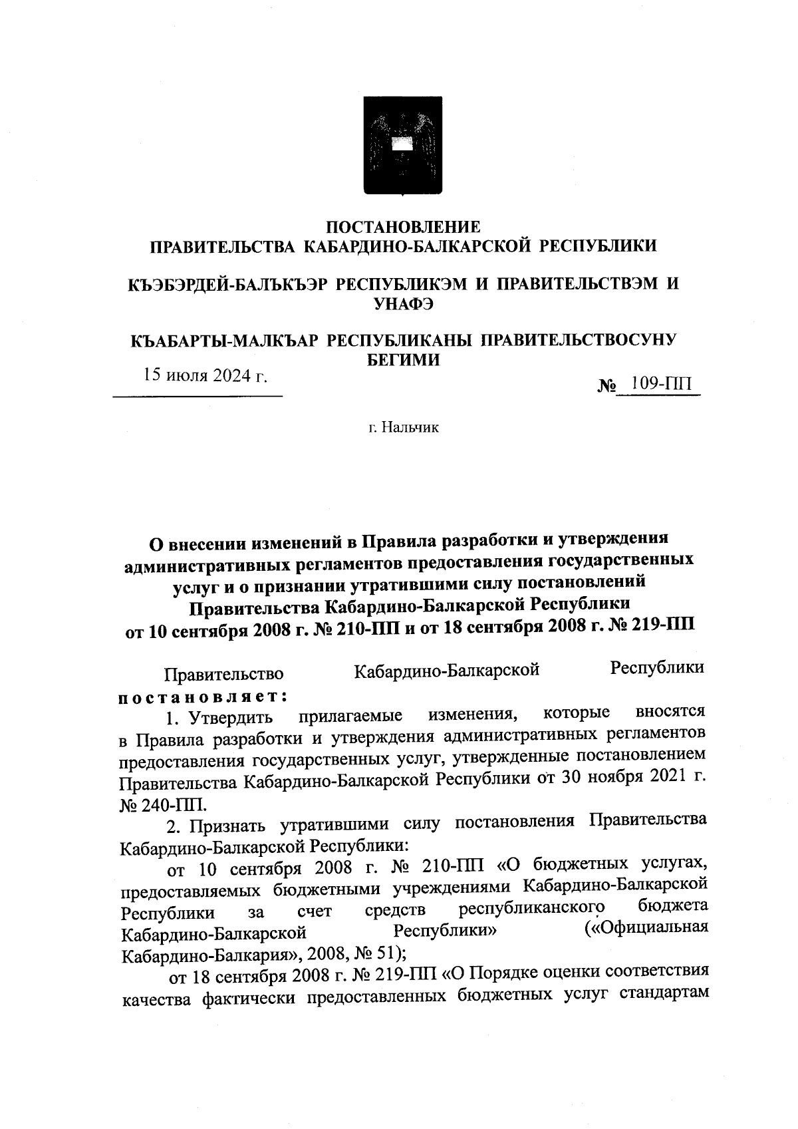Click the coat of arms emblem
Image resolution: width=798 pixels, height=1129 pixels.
point(402,144)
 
